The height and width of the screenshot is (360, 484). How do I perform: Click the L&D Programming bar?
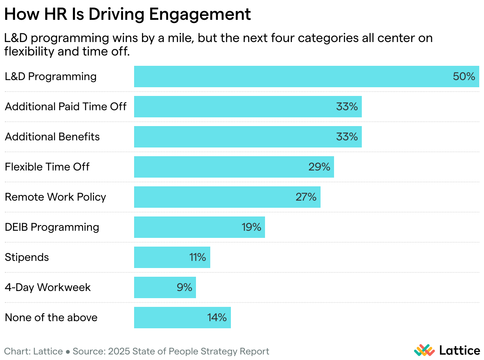[x=306, y=77]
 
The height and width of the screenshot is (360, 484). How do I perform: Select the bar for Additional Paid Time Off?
[x=248, y=107]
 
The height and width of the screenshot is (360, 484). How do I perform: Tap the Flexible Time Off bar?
[x=234, y=167]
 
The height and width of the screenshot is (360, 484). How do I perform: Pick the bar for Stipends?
[x=172, y=257]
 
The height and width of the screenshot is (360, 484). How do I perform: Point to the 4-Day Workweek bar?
[x=165, y=287]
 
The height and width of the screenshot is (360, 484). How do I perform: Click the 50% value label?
[x=464, y=77]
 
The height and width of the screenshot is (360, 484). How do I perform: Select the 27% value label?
[x=306, y=197]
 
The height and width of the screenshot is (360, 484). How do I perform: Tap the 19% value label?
[x=251, y=227]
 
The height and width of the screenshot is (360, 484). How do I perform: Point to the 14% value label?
[x=217, y=318]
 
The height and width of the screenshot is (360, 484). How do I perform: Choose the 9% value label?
[x=184, y=287]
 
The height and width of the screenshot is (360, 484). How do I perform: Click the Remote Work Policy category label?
[x=55, y=197]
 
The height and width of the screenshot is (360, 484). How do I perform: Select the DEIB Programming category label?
[x=52, y=227]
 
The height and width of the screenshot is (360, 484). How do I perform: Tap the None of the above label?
[x=51, y=318]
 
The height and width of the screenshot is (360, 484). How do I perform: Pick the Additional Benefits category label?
[x=52, y=137]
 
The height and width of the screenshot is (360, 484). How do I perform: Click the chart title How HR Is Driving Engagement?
[x=127, y=15]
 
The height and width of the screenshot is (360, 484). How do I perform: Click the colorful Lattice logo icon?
[x=424, y=350]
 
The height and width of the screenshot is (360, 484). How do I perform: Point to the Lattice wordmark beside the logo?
[x=459, y=350]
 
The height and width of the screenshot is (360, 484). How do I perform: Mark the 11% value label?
[x=197, y=257]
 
